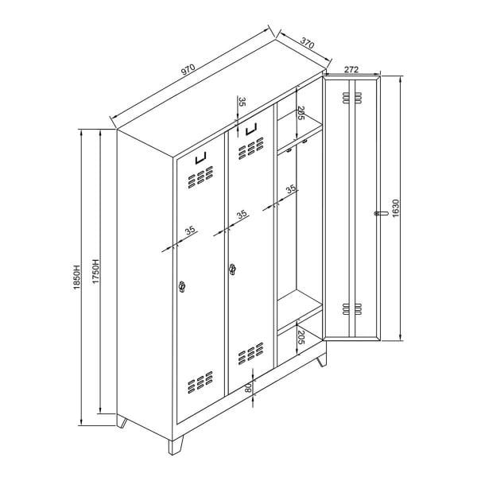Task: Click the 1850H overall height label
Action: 78,276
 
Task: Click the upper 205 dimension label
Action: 301,116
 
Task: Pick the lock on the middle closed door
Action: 233,270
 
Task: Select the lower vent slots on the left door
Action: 201,386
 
